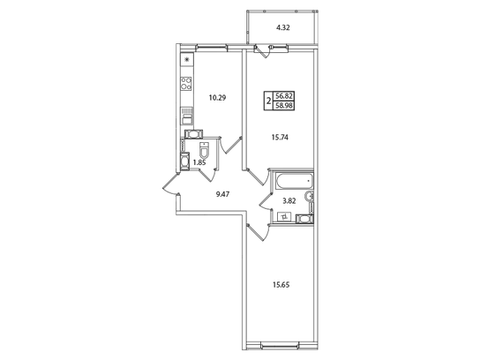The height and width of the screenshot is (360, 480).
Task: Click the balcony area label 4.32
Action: pyautogui.click(x=283, y=27)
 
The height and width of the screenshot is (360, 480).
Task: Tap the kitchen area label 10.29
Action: pyautogui.click(x=217, y=98)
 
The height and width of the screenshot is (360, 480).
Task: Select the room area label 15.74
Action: pyautogui.click(x=280, y=138)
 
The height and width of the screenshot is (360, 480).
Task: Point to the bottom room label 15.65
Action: pyautogui.click(x=281, y=285)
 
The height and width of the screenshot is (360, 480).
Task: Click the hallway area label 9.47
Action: pyautogui.click(x=223, y=194)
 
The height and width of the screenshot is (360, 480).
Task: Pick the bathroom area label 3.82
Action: pyautogui.click(x=289, y=201)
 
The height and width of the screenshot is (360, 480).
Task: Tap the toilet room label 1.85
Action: pyautogui.click(x=199, y=163)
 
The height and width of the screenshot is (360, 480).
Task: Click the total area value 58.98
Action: pyautogui.click(x=284, y=106)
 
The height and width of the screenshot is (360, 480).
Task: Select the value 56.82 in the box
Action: pyautogui.click(x=284, y=96)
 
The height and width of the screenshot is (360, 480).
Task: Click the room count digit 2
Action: pyautogui.click(x=269, y=101)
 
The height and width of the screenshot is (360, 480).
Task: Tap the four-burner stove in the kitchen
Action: pyautogui.click(x=186, y=83)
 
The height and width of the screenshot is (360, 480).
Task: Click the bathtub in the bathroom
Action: pyautogui.click(x=295, y=181)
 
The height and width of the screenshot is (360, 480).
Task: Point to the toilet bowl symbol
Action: pyautogui.click(x=204, y=150)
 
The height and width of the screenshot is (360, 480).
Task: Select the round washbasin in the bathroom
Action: pyautogui.click(x=309, y=196)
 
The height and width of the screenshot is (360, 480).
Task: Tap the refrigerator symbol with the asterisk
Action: pyautogui.click(x=187, y=60)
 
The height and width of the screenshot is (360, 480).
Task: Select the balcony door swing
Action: pyautogui.click(x=263, y=51)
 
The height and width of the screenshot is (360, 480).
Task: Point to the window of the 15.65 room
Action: pyautogui.click(x=279, y=346)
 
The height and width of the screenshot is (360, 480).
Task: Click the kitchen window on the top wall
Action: pyautogui.click(x=211, y=47)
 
